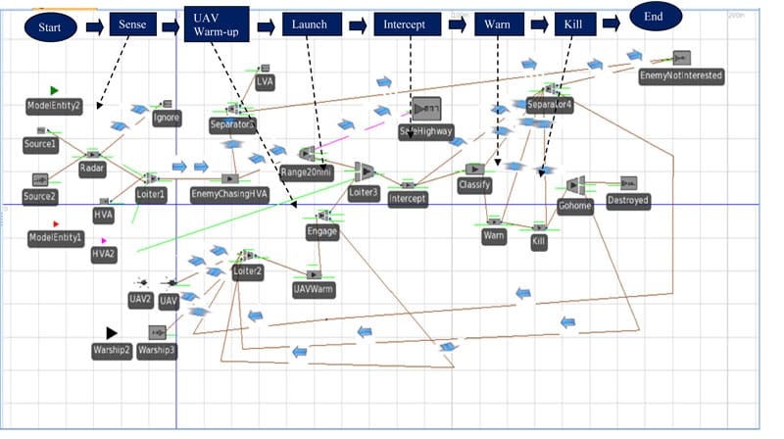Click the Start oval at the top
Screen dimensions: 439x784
50,26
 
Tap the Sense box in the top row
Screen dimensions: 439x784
131,24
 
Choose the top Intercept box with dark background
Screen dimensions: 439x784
405,24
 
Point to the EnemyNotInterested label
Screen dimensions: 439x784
680,75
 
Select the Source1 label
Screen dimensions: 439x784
40,144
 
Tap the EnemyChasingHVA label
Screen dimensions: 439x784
228,194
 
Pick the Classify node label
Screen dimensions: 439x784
474,184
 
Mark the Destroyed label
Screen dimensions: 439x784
627,200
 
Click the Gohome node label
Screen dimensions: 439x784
574,206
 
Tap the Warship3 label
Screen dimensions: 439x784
157,350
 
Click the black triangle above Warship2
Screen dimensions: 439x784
112,333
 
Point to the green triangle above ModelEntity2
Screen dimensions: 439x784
55,91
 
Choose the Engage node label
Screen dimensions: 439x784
321,232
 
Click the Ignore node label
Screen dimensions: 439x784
167,120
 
